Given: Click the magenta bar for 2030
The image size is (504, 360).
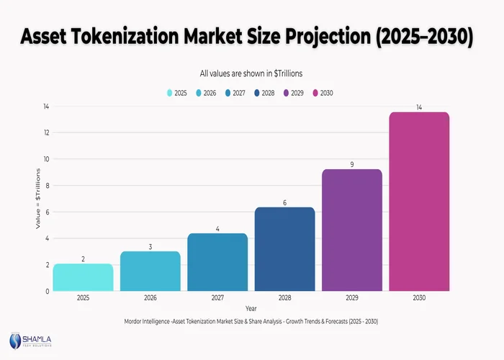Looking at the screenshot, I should point(419,202).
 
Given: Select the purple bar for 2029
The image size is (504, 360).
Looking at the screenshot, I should point(351,230).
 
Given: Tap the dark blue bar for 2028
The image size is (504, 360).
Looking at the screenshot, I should point(284,249).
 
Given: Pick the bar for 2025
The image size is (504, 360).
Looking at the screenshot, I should point(83,277).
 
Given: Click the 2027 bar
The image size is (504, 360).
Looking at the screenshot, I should point(217,262).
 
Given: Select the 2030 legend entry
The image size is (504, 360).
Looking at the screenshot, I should point(321,93).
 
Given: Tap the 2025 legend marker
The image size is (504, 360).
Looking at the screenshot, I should point(170,93).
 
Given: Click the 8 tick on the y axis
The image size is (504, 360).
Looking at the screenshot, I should point(46,186).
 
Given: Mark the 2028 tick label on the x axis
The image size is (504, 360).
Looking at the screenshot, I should point(284,298).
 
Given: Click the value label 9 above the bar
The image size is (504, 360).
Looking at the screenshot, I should point(351,164).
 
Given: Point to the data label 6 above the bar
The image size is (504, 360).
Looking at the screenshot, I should point(284,202).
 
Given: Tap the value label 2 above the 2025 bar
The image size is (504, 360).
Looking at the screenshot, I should point(83,258).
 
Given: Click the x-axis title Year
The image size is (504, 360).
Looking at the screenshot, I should point(251,308).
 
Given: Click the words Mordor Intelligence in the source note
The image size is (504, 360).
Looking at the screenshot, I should point(151,321).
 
